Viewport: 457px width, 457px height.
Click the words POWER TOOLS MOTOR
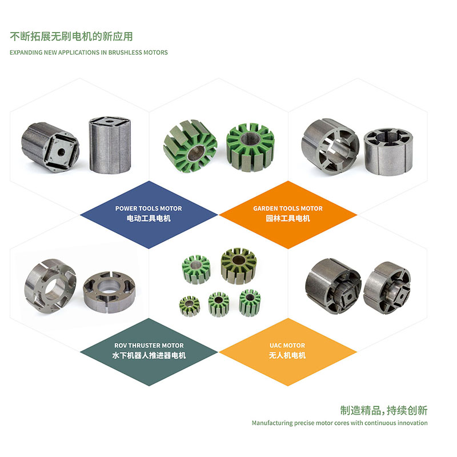(x=149, y=209)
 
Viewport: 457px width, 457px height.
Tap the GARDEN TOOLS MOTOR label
(x=288, y=209)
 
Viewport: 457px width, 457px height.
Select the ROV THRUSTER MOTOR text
(x=149, y=346)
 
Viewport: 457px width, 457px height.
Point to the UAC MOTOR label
(x=287, y=346)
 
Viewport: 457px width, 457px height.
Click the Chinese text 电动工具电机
(x=149, y=218)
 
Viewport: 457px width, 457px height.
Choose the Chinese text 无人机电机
(x=287, y=355)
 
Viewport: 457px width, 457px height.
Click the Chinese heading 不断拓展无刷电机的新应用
(x=71, y=37)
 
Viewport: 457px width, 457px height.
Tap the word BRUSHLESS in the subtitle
(x=124, y=53)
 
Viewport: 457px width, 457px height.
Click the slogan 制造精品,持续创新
(x=384, y=410)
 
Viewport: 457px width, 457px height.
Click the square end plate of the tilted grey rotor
(x=61, y=151)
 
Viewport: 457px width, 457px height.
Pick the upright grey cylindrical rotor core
(x=110, y=145)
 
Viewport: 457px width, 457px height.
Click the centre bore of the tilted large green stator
(x=196, y=153)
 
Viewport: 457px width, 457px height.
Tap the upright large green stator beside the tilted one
(x=251, y=147)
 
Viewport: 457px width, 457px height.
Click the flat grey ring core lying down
(x=109, y=292)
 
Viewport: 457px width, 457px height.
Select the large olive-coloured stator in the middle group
(x=239, y=266)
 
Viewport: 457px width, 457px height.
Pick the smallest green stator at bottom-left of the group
(x=190, y=306)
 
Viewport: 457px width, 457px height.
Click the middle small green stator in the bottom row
(x=219, y=304)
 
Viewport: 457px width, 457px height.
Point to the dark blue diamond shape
(x=149, y=215)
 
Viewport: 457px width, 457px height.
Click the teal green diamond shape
(x=149, y=352)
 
